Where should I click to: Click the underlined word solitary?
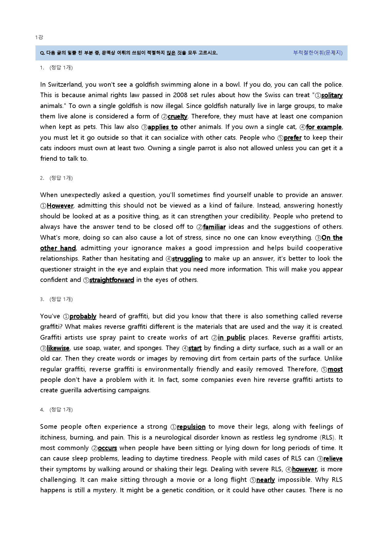coord(332,95)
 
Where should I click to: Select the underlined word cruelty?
coord(177,117)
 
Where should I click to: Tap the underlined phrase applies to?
coord(162,127)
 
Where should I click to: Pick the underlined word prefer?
coord(293,138)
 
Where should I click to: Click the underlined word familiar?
coord(214,227)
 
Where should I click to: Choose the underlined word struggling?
coord(187,259)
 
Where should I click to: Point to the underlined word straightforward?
coord(112,280)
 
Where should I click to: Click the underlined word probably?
coord(83,316)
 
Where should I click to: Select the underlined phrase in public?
coord(232,338)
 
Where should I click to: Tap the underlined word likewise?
coord(58,348)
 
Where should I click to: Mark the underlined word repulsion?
coord(191,427)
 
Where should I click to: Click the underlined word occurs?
coord(107,448)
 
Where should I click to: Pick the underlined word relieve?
coord(333,459)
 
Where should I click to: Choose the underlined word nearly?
coord(265,480)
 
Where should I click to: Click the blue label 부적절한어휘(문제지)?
coord(318,53)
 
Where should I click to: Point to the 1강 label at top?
coord(39,37)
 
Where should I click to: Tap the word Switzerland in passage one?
coord(65,85)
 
